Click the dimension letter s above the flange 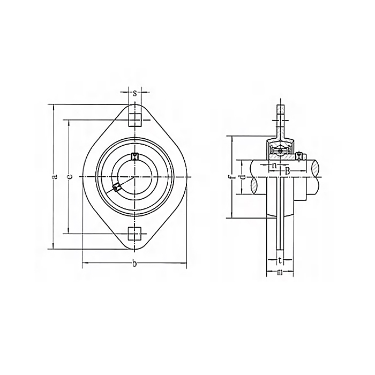(x=134, y=93)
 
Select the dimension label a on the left (x=55, y=177)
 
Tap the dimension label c (x=70, y=177)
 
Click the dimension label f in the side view (x=229, y=177)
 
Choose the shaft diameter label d (x=242, y=177)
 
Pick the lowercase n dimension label (x=274, y=166)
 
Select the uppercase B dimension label (x=287, y=170)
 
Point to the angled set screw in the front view (x=117, y=187)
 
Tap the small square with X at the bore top (x=135, y=156)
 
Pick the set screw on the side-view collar (x=298, y=156)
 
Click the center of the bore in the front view (x=134, y=177)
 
